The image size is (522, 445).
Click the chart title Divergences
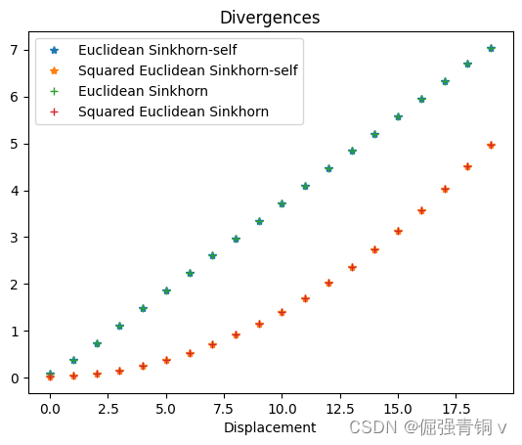pos(270,18)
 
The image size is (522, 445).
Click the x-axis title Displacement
pos(270,427)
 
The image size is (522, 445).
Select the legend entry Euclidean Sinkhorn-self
pos(156,50)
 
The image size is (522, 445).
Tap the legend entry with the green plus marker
pos(143,91)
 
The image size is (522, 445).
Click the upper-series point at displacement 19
pos(491,48)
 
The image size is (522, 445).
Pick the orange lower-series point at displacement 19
pos(491,145)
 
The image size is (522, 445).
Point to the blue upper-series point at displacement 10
pos(282,203)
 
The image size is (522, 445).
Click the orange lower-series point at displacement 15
pos(398,231)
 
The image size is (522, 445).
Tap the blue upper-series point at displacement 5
pos(166,290)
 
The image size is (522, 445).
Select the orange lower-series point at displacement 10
pos(282,312)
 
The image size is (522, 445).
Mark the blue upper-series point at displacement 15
pos(398,116)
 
